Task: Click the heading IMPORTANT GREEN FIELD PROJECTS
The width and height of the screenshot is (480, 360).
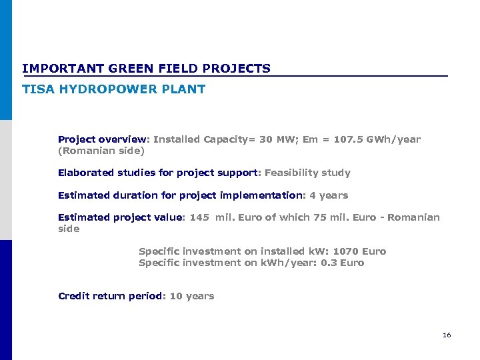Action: click(146, 69)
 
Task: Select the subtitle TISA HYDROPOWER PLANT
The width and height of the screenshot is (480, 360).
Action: click(113, 89)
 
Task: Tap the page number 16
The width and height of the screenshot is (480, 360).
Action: click(447, 335)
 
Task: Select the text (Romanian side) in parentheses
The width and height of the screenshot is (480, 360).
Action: click(101, 151)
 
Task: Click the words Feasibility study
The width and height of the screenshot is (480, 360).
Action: click(307, 173)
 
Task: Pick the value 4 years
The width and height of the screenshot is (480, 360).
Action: click(329, 195)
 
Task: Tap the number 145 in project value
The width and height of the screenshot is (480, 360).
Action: click(200, 217)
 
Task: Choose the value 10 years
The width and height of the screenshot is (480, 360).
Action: click(192, 296)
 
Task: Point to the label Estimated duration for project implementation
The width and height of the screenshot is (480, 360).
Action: click(180, 195)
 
